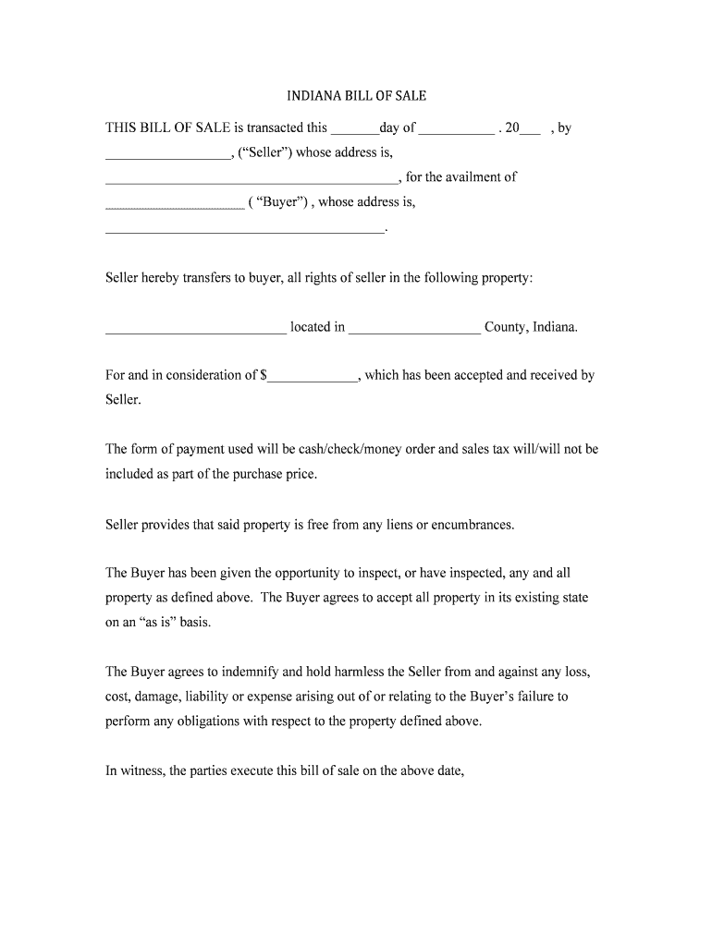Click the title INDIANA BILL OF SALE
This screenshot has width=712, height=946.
(x=356, y=96)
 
